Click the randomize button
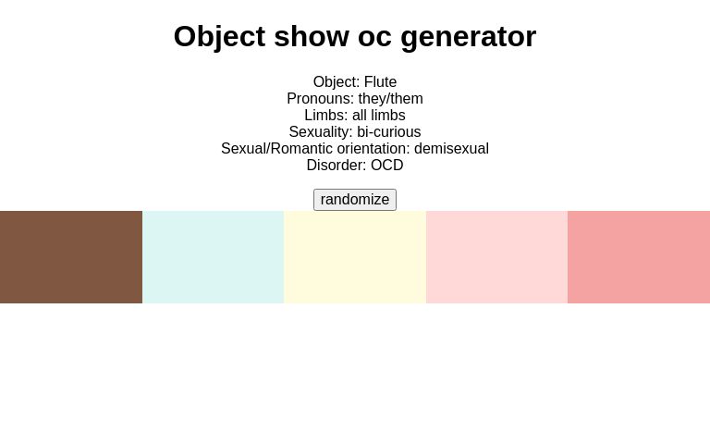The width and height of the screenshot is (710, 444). pos(355,200)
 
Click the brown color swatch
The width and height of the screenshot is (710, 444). pos(71,257)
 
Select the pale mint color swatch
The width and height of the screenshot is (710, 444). pos(213,257)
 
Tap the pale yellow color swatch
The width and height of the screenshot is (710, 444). pos(355,257)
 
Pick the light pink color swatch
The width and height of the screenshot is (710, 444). pos(496,257)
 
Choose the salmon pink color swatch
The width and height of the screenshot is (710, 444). pos(639,257)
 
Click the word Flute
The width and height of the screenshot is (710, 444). pos(380,82)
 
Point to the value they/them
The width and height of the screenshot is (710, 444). pos(390,99)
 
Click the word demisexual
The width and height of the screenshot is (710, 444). pos(451,149)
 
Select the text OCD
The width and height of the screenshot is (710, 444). pos(386,166)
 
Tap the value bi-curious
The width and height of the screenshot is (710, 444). pos(388,132)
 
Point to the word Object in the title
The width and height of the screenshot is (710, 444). pos(219,37)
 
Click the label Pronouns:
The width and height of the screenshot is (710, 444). pos(320,99)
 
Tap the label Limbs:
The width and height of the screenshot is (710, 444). pos(325,116)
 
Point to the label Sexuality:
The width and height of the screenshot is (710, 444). pos(321,132)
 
